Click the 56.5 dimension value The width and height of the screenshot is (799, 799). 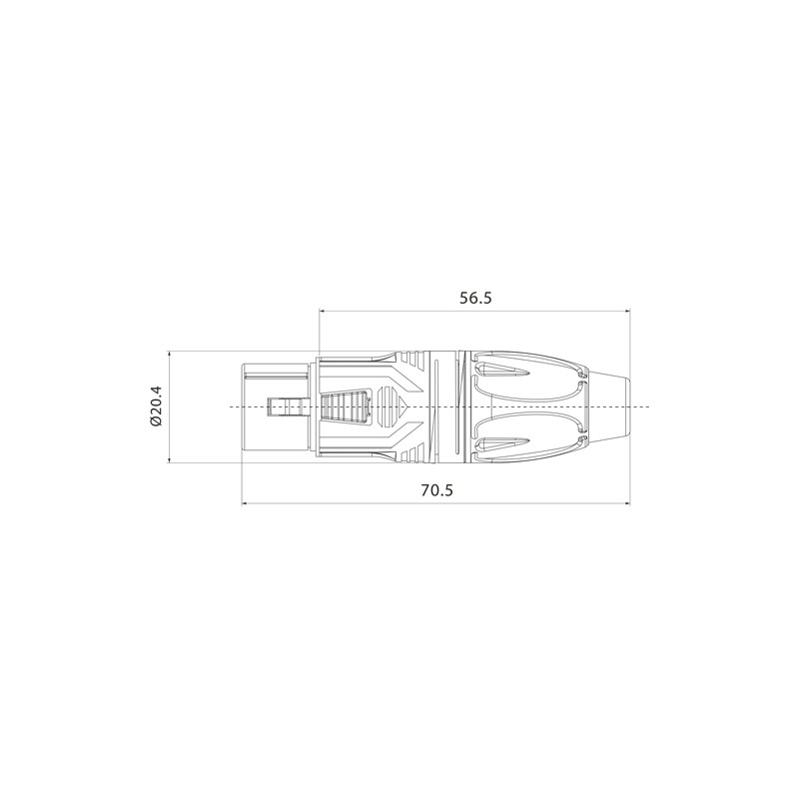coord(475,298)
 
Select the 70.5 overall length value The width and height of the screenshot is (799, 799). coord(436,489)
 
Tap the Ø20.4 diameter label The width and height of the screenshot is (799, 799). coord(156,406)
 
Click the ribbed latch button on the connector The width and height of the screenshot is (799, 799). coord(346,406)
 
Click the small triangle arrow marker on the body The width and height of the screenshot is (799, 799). coord(404,406)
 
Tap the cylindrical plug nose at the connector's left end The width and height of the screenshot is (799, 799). coord(275,406)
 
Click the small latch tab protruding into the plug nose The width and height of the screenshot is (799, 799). coord(285,406)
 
